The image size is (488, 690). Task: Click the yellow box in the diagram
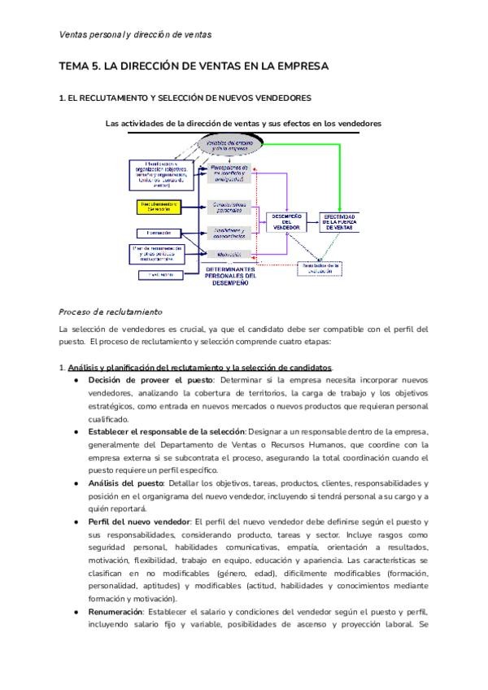point(159,206)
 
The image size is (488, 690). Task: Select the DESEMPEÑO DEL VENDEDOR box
point(286,221)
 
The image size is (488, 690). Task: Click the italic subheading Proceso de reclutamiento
point(111,312)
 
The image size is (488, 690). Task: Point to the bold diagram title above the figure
point(243,123)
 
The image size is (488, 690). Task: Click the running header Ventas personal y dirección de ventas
point(136,34)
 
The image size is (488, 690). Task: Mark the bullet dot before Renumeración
point(76,611)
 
